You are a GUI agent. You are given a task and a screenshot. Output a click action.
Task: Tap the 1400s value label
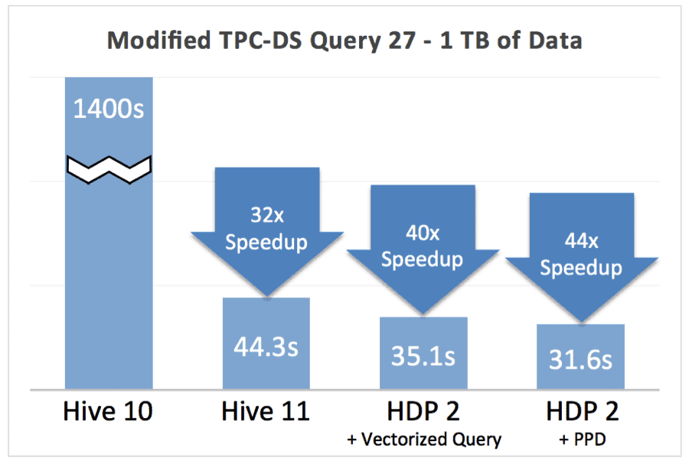click(108, 109)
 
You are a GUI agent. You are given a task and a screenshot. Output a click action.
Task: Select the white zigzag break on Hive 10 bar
click(108, 168)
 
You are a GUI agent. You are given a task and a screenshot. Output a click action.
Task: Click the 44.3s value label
click(266, 346)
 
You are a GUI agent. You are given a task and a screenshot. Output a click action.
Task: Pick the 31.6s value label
click(581, 359)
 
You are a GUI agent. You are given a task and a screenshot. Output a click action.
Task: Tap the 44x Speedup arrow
click(581, 257)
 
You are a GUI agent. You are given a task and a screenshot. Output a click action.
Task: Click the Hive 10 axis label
click(108, 411)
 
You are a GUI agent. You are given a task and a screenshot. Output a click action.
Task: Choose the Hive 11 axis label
click(266, 411)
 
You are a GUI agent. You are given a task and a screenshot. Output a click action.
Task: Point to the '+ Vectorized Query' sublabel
click(423, 439)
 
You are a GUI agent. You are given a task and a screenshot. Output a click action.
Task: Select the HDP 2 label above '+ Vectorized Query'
click(423, 411)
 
